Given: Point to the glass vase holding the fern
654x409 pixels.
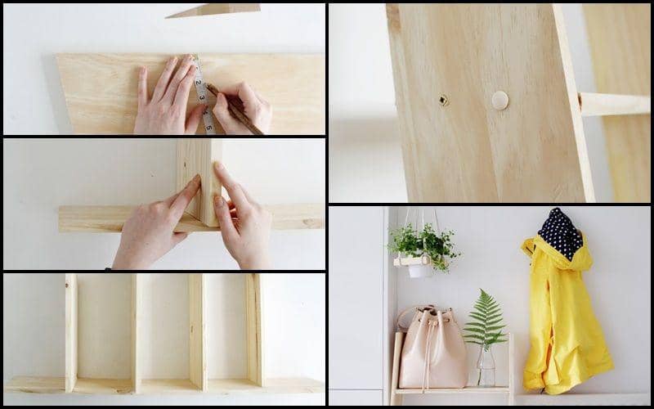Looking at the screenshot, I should (486, 367).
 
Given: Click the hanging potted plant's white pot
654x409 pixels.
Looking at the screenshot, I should (419, 267).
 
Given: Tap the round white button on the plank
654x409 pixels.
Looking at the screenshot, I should (499, 101).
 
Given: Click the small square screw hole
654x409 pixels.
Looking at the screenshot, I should (443, 100).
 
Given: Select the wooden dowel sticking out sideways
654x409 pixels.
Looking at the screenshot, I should (613, 104).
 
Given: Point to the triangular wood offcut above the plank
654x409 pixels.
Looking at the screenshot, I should (214, 10).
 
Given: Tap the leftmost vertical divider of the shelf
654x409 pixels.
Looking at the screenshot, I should (71, 331).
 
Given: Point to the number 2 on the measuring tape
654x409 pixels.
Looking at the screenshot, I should (199, 83).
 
